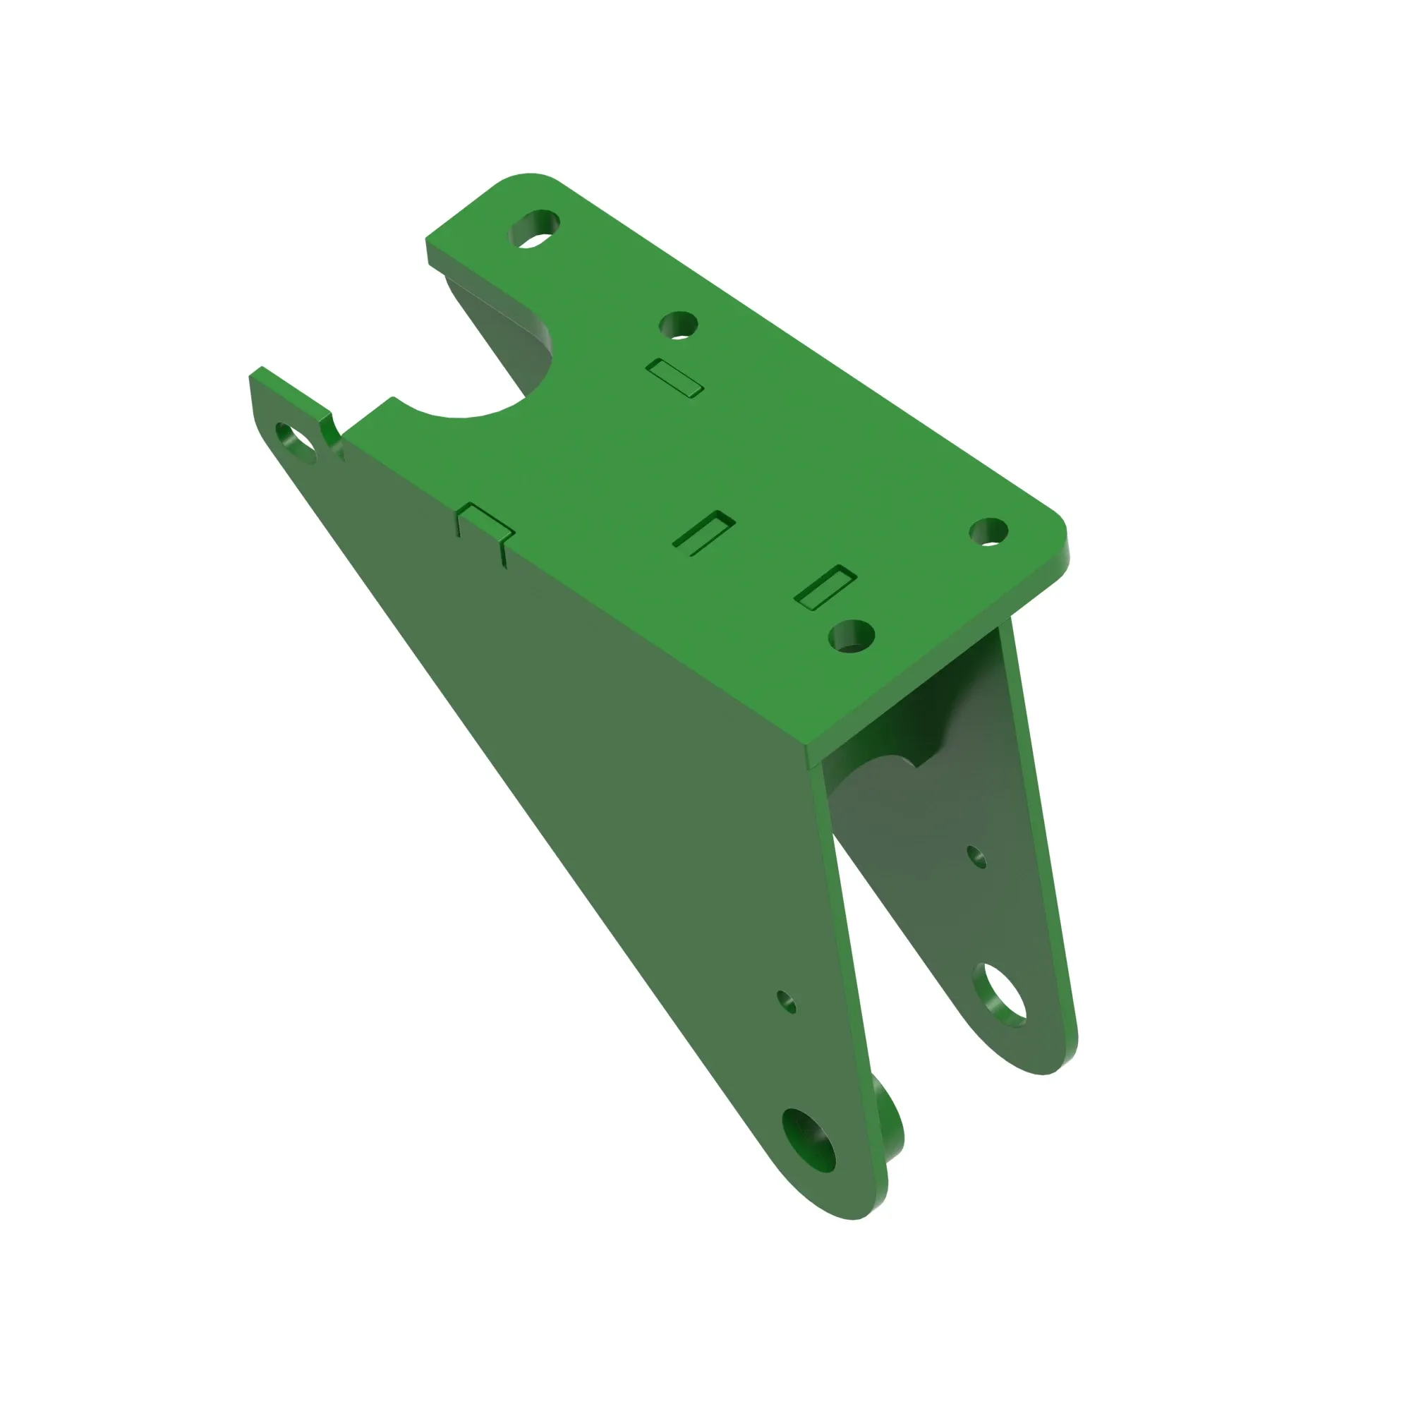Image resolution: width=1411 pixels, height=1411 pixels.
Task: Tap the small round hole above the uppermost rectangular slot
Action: click(678, 325)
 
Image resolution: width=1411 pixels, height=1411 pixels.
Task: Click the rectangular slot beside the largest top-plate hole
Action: click(825, 587)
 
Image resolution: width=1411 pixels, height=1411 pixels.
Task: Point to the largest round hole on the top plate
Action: click(852, 636)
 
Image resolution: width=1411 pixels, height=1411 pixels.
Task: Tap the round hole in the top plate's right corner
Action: click(988, 532)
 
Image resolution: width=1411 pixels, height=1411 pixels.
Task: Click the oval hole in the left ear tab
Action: click(296, 442)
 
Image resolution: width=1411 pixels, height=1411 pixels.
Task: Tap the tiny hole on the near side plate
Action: click(786, 1001)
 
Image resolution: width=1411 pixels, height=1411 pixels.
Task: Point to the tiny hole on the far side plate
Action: click(976, 856)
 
